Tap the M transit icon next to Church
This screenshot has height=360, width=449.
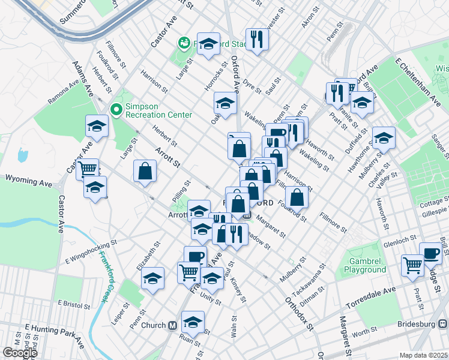click(172, 325)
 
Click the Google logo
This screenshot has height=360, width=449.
click(20, 353)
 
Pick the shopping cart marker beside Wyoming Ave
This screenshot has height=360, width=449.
click(88, 169)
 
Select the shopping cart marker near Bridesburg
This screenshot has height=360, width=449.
click(413, 265)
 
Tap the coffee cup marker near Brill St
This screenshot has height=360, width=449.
click(430, 253)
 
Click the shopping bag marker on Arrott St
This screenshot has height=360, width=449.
click(145, 170)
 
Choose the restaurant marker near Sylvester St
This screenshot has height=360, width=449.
click(257, 39)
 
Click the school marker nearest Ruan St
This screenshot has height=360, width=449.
click(193, 322)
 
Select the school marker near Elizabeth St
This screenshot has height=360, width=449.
click(153, 278)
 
